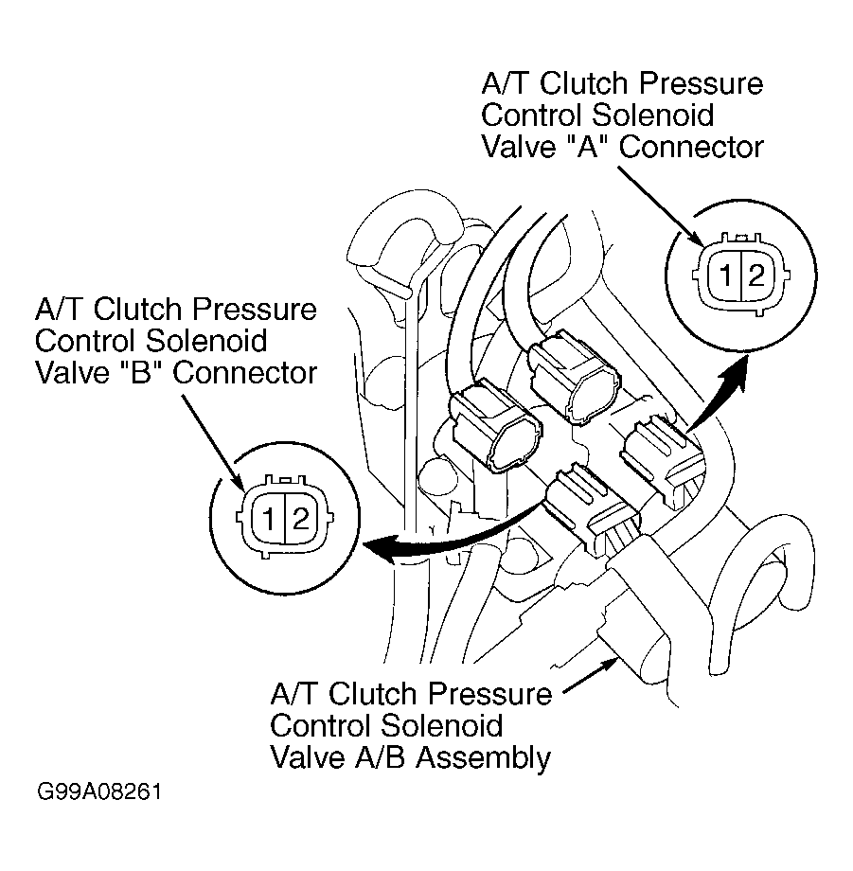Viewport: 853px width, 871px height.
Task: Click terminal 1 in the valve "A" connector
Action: pyautogui.click(x=725, y=275)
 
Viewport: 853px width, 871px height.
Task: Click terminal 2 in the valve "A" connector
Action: pyautogui.click(x=756, y=275)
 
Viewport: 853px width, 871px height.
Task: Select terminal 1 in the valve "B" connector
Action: pyautogui.click(x=268, y=520)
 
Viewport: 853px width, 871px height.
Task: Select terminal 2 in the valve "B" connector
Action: pyautogui.click(x=300, y=520)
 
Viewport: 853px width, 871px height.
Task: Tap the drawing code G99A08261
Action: pyautogui.click(x=99, y=791)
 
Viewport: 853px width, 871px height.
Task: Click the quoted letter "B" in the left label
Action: pyautogui.click(x=136, y=372)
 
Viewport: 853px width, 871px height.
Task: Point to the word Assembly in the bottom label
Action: pyautogui.click(x=483, y=758)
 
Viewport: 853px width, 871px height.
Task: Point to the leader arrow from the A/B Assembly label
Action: pyautogui.click(x=591, y=675)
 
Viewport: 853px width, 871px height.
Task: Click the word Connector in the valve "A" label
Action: pyautogui.click(x=691, y=146)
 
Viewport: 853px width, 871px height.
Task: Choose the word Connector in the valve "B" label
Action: pyautogui.click(x=245, y=372)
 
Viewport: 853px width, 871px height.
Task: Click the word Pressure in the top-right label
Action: pyautogui.click(x=701, y=82)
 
